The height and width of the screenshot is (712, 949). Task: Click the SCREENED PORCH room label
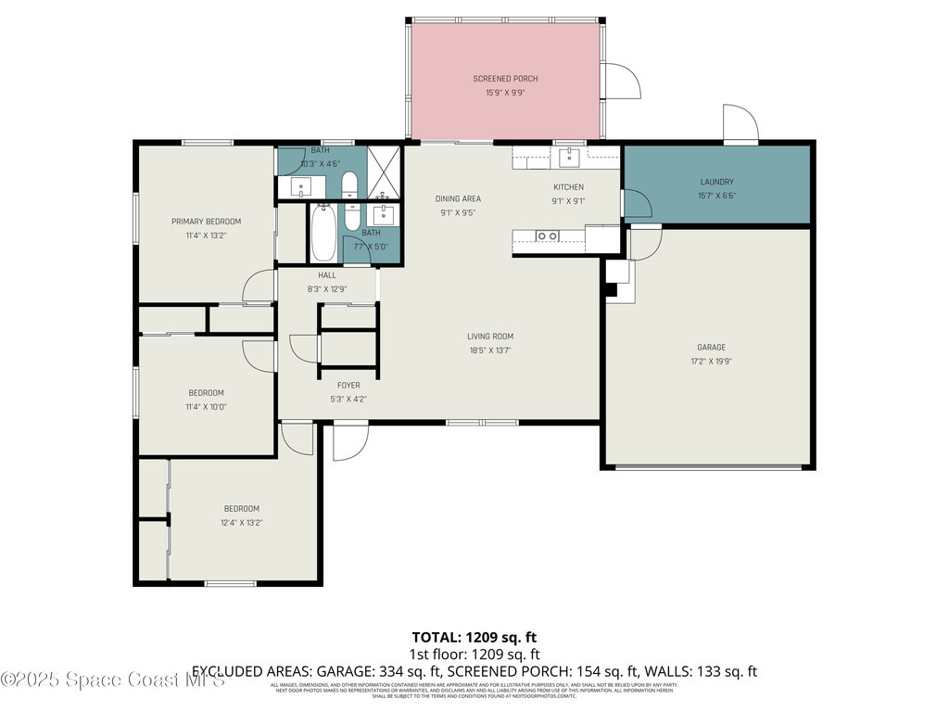[x=505, y=79]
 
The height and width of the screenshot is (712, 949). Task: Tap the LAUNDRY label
[x=715, y=182]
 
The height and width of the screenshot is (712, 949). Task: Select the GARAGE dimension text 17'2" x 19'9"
[x=712, y=362]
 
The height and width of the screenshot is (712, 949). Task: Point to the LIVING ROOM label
[x=489, y=337]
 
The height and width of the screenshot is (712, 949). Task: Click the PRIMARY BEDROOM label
[x=206, y=222]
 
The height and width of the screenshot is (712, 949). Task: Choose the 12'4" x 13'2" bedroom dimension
[x=241, y=522]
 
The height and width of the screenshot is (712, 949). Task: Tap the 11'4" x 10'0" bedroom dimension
[x=206, y=406]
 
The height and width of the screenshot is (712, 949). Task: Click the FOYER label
[x=348, y=386]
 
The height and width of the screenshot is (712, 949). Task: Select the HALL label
[x=327, y=275]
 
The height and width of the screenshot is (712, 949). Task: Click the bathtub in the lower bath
[x=323, y=232]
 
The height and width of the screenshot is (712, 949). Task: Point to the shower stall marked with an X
[x=383, y=172]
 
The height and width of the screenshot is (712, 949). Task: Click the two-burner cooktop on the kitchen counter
[x=547, y=236]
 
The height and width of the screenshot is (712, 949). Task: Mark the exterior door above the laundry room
[x=740, y=123]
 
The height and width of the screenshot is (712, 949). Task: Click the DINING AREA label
[x=459, y=198]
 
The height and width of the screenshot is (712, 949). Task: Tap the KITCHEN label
[x=568, y=187]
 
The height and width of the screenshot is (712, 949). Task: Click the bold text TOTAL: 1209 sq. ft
[x=474, y=637]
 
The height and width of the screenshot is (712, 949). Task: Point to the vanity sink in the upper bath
[x=301, y=187]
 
